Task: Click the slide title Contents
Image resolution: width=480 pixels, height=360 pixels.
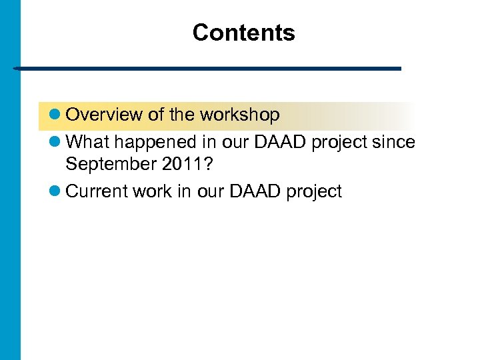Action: click(x=243, y=33)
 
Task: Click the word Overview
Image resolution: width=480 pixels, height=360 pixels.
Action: click(x=104, y=115)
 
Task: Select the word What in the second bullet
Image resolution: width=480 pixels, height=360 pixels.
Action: click(x=85, y=142)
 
